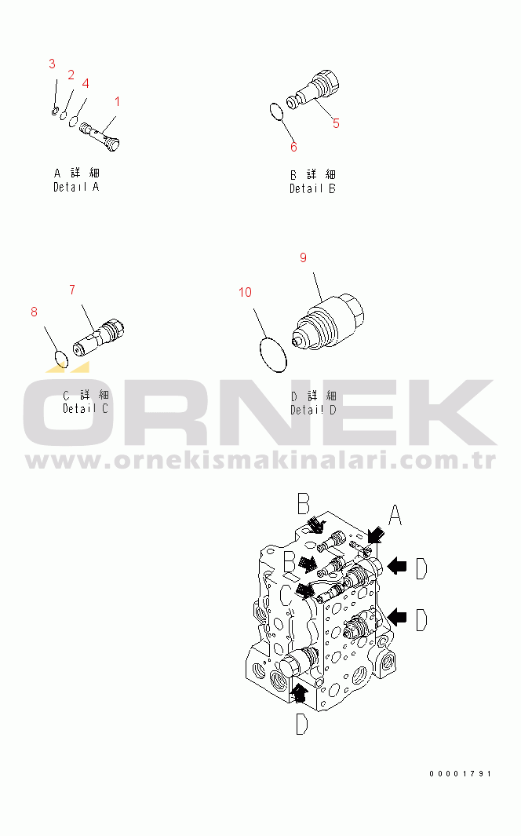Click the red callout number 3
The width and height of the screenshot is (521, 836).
[52, 63]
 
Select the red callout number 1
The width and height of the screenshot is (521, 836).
[118, 101]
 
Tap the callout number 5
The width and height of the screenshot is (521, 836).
[336, 123]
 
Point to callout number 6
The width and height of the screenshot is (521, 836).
[293, 147]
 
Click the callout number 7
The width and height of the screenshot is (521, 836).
[72, 290]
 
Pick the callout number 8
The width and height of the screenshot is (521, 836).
[34, 312]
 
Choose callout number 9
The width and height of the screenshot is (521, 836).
[303, 257]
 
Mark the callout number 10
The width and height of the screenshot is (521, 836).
[246, 293]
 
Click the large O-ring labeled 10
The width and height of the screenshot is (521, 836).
[272, 355]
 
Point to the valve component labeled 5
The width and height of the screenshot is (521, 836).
[313, 89]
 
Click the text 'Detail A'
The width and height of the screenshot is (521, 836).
[76, 187]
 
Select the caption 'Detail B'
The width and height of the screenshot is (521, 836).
[312, 188]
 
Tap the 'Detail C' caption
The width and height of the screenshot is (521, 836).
[86, 408]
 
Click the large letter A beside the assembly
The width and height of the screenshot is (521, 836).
[395, 516]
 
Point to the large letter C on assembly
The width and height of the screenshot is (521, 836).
[287, 597]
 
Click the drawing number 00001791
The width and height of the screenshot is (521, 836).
[461, 774]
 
